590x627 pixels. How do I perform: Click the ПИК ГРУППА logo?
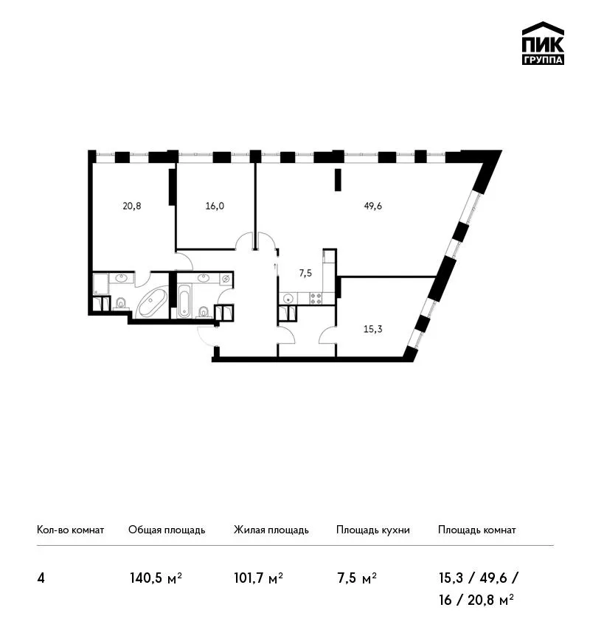pos(543,44)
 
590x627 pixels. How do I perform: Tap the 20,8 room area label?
pos(132,207)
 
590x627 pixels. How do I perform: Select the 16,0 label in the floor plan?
pos(215,207)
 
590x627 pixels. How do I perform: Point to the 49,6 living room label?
pos(373,207)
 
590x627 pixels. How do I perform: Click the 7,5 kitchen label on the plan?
pos(305,274)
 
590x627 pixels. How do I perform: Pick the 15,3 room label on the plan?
pos(373,329)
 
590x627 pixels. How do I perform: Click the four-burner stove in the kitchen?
pos(316,298)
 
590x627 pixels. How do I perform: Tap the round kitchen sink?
pos(288,298)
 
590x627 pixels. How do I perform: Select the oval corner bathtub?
pos(152,302)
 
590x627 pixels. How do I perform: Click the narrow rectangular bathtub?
pos(184,301)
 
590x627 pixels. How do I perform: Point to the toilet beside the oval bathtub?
pos(120,304)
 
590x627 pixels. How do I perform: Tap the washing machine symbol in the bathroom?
pos(226,279)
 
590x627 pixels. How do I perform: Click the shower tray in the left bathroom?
pos(100,284)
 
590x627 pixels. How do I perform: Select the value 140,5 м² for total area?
pos(156,578)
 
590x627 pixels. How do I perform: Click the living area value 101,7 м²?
pos(259,578)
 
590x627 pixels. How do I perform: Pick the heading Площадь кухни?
pos(373,530)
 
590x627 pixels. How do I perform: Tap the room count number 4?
pos(41,578)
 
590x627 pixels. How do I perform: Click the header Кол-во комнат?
pos(70,530)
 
